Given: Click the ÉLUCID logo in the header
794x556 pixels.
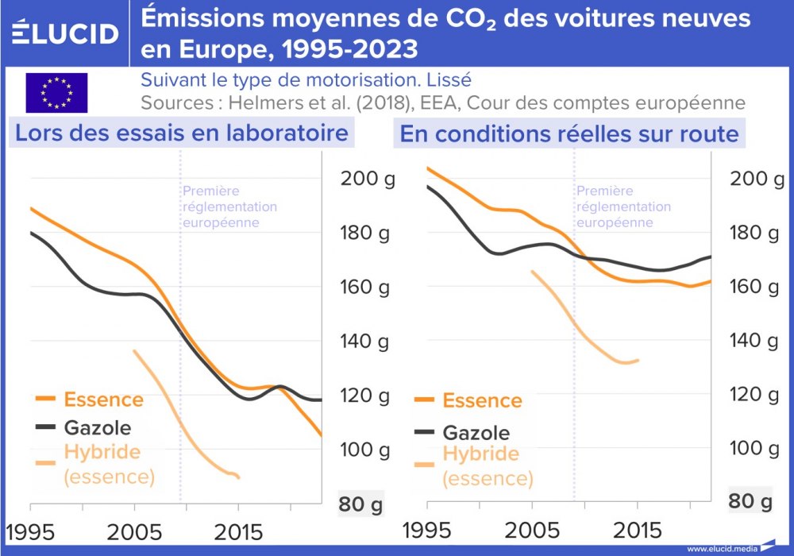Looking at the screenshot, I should pyautogui.click(x=66, y=33).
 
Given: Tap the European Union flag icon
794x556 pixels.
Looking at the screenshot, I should pyautogui.click(x=56, y=92).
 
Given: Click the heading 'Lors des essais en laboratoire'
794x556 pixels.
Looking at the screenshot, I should pyautogui.click(x=182, y=133).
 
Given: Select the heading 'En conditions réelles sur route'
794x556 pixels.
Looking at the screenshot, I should pyautogui.click(x=569, y=133).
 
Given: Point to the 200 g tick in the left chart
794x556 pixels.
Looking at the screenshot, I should pyautogui.click(x=368, y=179).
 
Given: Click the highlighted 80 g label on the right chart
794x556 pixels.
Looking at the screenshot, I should pyautogui.click(x=750, y=501).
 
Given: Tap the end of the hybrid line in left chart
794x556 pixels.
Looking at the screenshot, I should pyautogui.click(x=238, y=477).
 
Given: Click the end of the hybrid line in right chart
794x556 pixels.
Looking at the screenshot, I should pyautogui.click(x=638, y=361).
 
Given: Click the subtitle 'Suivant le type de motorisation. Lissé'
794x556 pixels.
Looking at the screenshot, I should pyautogui.click(x=306, y=80).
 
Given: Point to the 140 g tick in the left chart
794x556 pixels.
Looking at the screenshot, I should pyautogui.click(x=368, y=342).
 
